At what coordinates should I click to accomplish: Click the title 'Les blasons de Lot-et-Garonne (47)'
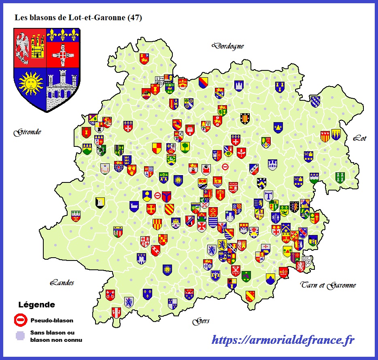(x=78, y=18)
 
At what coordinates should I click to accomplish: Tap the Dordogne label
(x=228, y=46)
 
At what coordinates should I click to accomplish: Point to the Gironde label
(x=27, y=132)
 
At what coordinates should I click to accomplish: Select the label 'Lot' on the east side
(x=359, y=138)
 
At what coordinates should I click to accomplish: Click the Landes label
(x=62, y=283)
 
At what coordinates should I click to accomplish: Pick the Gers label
(x=201, y=321)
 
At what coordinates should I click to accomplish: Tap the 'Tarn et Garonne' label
(x=328, y=285)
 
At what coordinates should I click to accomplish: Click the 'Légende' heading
(x=36, y=305)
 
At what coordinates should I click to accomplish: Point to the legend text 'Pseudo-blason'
(x=52, y=320)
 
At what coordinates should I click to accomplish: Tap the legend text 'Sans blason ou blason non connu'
(x=56, y=336)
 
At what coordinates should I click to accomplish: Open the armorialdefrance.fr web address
(x=283, y=340)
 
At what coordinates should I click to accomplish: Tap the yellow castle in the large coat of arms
(x=37, y=46)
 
